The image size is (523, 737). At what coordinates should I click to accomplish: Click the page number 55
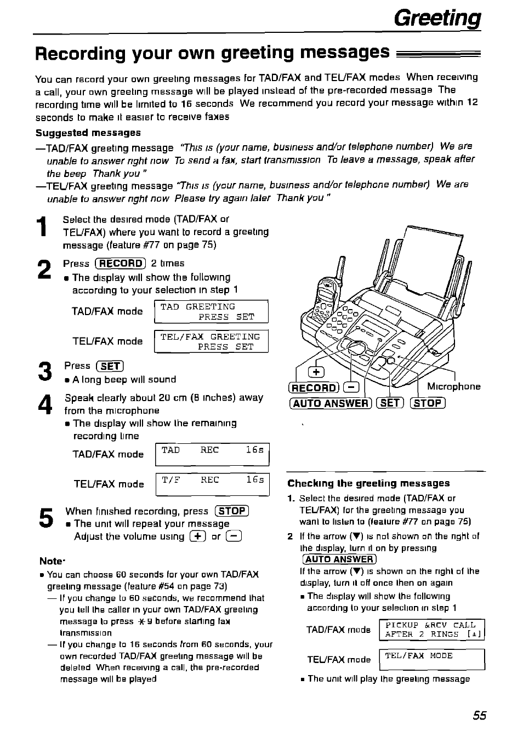tap(479, 715)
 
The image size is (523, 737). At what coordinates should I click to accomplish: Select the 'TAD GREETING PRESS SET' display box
tap(212, 311)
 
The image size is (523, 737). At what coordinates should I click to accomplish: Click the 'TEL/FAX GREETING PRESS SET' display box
tap(212, 341)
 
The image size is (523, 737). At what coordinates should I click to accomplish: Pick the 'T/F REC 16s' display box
tap(212, 484)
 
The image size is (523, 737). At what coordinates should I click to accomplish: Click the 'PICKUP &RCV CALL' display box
tap(431, 629)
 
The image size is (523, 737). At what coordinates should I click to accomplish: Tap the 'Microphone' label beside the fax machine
tap(453, 386)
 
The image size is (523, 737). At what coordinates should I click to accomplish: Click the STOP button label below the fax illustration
tap(428, 403)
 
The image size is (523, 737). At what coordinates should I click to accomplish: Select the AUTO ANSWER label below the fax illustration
tap(331, 403)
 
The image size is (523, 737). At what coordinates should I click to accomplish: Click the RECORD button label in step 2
tap(120, 263)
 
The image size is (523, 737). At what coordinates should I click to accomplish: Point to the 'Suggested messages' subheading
tap(88, 133)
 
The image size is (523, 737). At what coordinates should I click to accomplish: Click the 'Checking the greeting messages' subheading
tap(368, 483)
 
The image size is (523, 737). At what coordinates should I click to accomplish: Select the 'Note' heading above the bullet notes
tap(52, 561)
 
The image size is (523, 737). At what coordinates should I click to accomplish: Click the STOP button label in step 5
tap(232, 511)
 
